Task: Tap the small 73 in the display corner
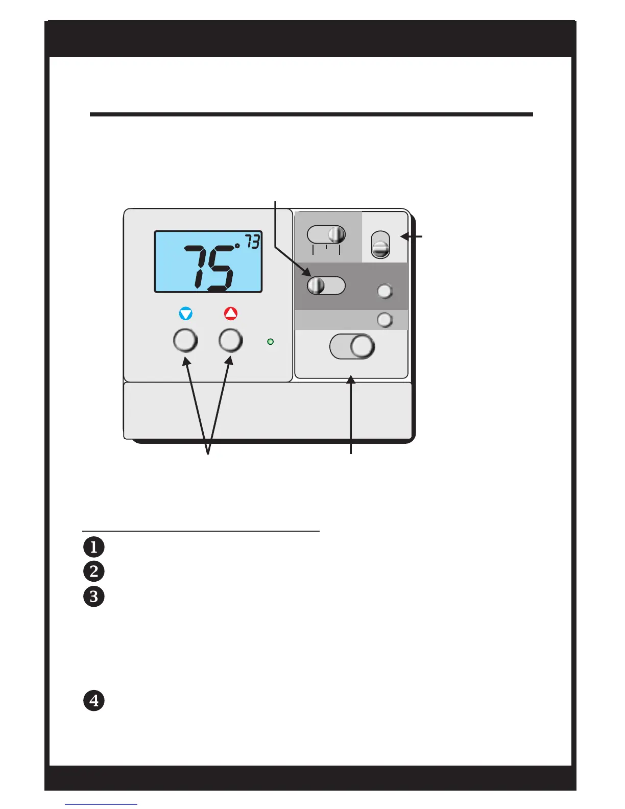coord(252,241)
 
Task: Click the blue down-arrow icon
coord(186,314)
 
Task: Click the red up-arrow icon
coord(231,314)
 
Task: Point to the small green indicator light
coord(271,341)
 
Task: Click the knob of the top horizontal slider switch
coord(336,235)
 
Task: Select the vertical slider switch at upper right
coord(380,245)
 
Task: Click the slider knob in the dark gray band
coord(316,285)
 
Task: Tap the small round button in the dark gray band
coord(384,291)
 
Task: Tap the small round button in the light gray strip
coord(384,320)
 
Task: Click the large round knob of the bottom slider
coord(363,346)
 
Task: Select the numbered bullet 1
coord(94,547)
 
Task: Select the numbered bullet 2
coord(94,571)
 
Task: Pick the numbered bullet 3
coord(94,596)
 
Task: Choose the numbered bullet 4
coord(94,700)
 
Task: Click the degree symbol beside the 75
coord(237,246)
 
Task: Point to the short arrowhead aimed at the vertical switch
coord(404,236)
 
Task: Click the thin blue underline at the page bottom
coord(101,804)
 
